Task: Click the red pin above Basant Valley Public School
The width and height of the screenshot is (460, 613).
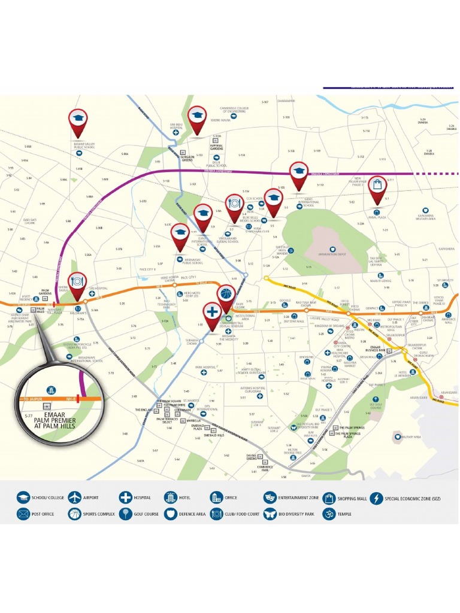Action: coord(77,120)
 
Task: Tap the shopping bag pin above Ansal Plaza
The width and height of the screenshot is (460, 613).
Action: coord(377,186)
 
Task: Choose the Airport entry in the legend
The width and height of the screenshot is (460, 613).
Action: coord(74,497)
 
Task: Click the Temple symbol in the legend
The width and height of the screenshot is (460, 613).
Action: coord(328,514)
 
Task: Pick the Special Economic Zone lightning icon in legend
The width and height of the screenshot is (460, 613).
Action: coord(376,497)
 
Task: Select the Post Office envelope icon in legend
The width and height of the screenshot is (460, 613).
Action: coord(23,514)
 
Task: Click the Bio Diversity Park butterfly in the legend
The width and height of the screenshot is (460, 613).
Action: coord(270,514)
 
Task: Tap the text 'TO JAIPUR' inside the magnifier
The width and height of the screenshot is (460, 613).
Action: coord(33,398)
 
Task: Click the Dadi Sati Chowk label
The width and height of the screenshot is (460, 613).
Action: coord(30,220)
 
